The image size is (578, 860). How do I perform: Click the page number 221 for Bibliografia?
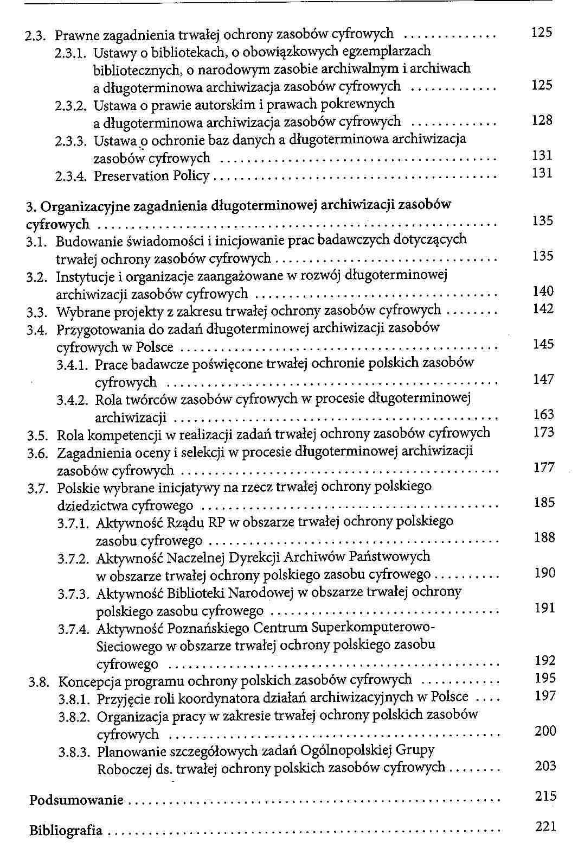click(545, 826)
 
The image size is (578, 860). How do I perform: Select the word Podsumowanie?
click(76, 800)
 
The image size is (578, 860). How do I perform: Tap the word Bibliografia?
click(66, 830)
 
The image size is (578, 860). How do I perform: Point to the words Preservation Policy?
click(152, 176)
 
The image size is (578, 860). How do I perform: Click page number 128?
click(542, 120)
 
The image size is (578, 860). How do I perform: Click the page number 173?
click(544, 432)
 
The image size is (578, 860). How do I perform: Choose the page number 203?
click(545, 766)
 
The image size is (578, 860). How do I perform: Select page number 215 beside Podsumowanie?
click(545, 796)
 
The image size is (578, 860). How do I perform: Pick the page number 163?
click(544, 415)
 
